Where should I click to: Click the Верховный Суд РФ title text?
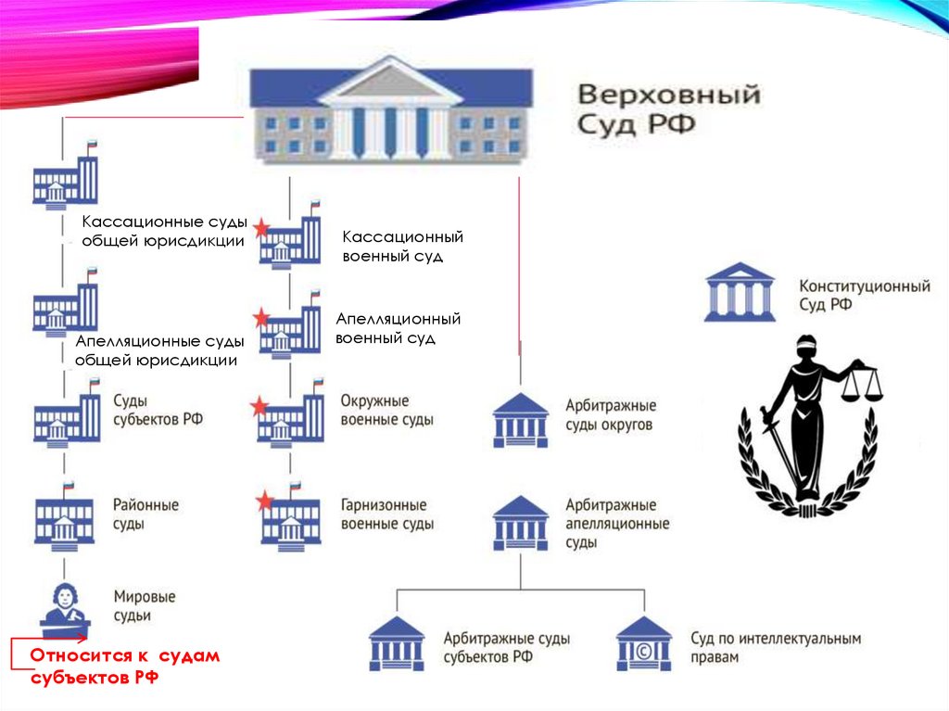click(x=668, y=109)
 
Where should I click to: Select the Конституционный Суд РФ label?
click(x=864, y=296)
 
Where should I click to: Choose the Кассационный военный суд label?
click(x=401, y=247)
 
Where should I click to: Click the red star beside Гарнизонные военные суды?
click(x=265, y=502)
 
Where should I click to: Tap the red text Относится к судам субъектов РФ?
click(x=124, y=667)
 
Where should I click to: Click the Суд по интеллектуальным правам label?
click(x=775, y=648)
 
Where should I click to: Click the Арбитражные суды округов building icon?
click(x=520, y=420)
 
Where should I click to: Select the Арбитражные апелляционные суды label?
click(x=616, y=524)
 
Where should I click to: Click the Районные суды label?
click(x=146, y=514)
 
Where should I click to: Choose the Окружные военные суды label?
click(x=386, y=411)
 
